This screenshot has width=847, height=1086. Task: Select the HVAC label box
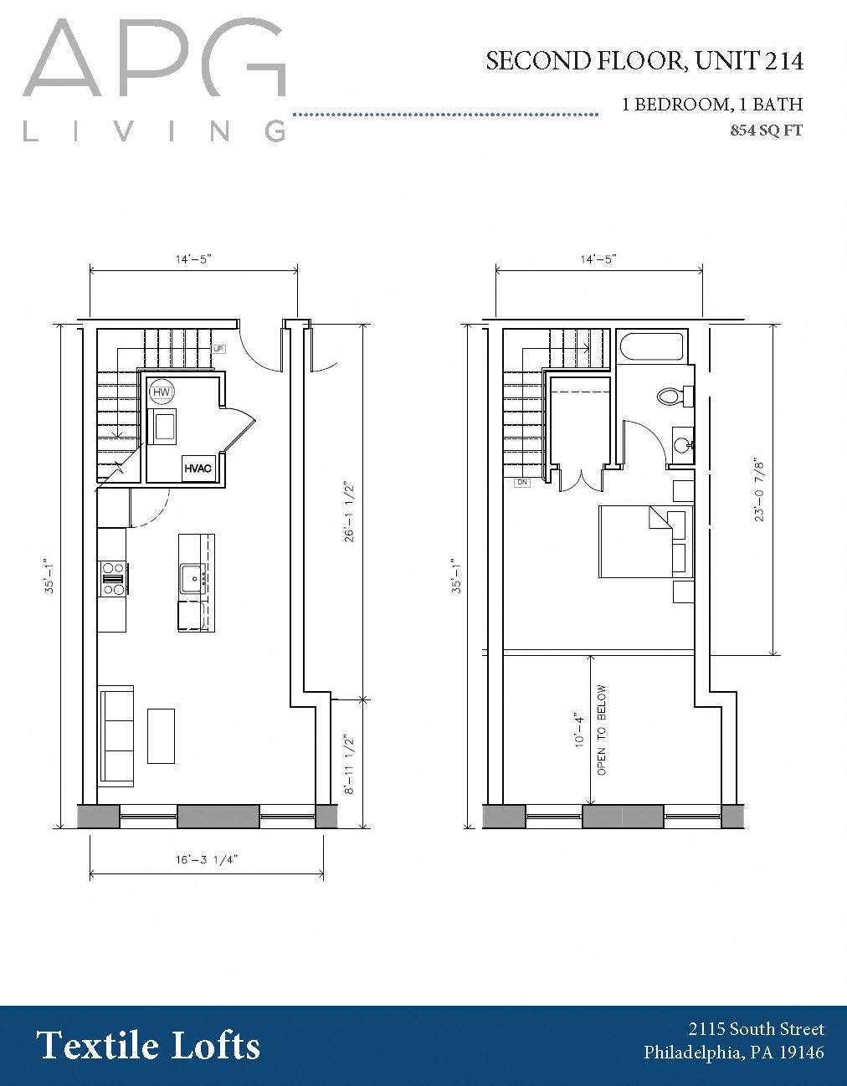coord(198,469)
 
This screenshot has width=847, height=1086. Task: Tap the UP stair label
coord(218,349)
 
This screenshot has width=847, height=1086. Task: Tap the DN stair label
coord(521,483)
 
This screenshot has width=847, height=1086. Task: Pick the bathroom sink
coord(682,442)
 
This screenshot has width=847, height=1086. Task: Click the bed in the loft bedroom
coord(643,541)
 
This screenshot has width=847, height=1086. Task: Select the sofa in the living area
coord(116,735)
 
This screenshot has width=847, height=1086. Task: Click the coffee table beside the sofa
coord(162,735)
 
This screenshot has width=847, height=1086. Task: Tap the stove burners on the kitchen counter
coord(113,578)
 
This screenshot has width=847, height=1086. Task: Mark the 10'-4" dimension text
coord(577,730)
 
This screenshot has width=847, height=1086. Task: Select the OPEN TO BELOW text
coord(602,730)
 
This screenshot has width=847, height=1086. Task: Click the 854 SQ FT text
coord(766,130)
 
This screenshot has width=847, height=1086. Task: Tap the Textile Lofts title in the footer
coord(148,1046)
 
